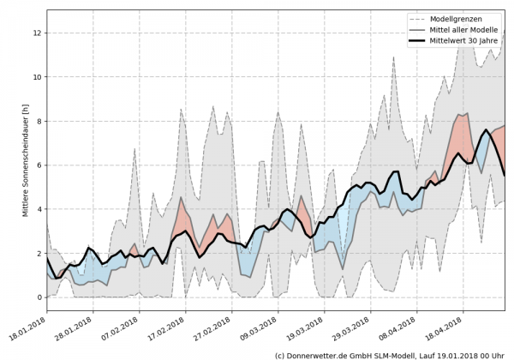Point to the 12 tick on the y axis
(37, 33)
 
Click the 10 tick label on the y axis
(37, 77)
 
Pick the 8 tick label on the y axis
(39, 121)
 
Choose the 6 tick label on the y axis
(39, 165)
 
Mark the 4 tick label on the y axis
(39, 209)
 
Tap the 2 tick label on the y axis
(39, 254)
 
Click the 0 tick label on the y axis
(39, 297)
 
